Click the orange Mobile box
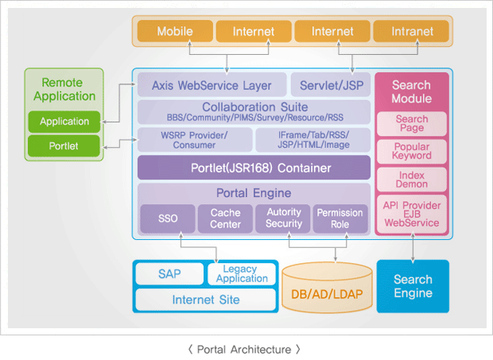coord(175,31)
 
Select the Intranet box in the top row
coord(411,31)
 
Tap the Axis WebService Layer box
coord(212,85)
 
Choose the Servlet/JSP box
coord(331,85)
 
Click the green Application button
coord(64,122)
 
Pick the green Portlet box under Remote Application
coord(64,145)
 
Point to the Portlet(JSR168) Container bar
coord(254,168)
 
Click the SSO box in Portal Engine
coord(168,219)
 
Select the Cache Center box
coord(226,219)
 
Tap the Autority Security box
coord(283,219)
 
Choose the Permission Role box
coord(340,219)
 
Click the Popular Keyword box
coord(412,152)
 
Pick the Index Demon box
coord(412,180)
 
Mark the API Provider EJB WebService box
coord(412,215)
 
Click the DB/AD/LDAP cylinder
coord(328,288)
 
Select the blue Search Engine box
coord(413,286)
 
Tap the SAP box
coord(170,274)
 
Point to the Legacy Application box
coord(242,274)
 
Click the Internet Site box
coord(206,300)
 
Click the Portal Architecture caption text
coord(244,350)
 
